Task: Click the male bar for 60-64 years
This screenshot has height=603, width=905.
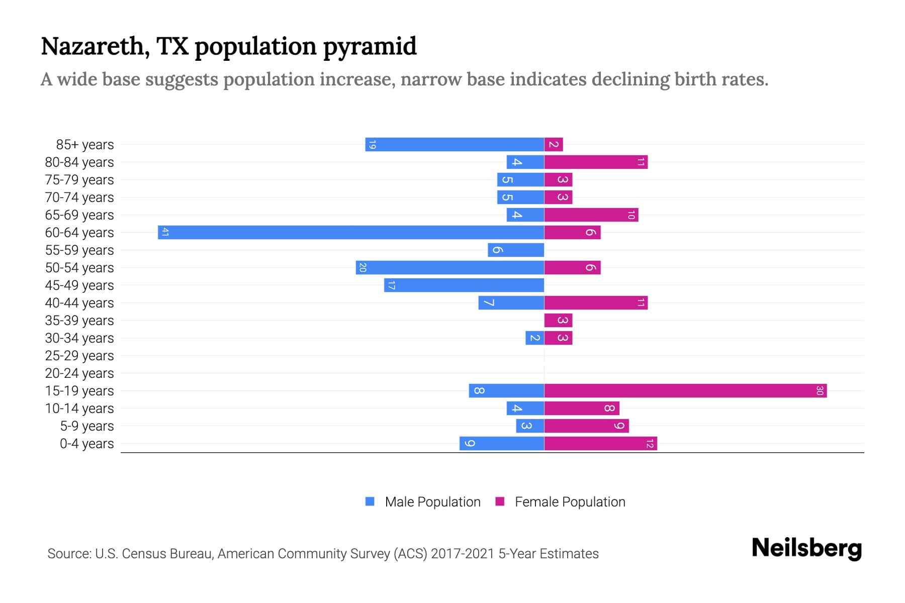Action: coord(351,232)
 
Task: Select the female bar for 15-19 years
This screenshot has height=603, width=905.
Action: coord(685,390)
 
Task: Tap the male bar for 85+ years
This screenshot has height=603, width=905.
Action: coord(455,144)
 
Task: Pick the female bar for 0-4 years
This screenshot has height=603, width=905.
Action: coord(600,443)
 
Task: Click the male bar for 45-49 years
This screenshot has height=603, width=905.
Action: coord(464,285)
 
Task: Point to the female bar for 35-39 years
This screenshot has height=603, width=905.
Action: coord(558,320)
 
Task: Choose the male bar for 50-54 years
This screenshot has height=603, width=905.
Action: coord(449,267)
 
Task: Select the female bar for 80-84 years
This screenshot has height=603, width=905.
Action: coord(596,162)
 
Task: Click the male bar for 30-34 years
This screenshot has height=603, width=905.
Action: coord(534,338)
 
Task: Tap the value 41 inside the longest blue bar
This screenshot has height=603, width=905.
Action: coord(165,232)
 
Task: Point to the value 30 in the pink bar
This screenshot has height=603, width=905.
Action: coord(820,390)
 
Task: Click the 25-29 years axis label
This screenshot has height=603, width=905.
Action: coord(79,356)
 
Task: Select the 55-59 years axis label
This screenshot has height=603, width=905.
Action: coord(79,250)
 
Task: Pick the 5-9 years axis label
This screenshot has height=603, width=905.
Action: coord(87,426)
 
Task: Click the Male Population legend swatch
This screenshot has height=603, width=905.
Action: coord(370,501)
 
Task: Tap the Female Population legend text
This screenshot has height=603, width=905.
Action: coord(570,502)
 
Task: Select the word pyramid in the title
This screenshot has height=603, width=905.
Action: coord(370,47)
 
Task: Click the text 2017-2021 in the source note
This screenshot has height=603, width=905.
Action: coord(462,554)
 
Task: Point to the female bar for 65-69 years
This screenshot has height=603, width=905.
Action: coord(591,215)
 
